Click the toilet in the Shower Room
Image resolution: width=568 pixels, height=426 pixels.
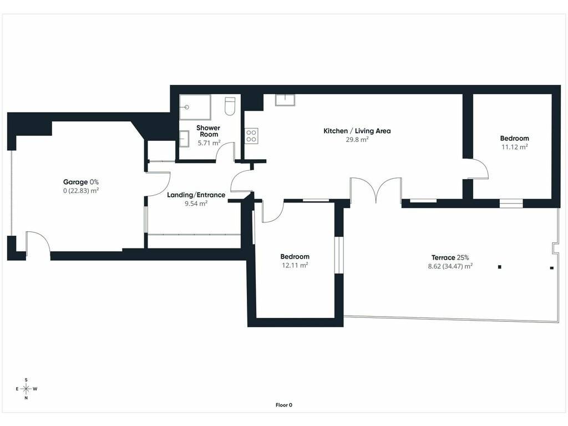[230, 106]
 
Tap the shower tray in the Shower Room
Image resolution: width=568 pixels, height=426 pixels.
[195, 107]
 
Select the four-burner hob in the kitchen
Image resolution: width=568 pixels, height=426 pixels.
[251, 136]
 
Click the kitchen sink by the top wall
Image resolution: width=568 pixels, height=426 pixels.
[285, 100]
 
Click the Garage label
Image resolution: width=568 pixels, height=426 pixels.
[75, 182]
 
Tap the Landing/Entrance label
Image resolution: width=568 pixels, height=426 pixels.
[196, 195]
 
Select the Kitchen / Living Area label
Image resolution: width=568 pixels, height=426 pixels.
[357, 131]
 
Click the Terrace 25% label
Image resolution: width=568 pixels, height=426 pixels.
[450, 257]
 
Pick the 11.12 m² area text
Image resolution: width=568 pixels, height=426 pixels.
[514, 146]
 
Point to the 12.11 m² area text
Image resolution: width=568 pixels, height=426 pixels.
[295, 265]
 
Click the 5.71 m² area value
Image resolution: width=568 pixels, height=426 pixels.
[209, 143]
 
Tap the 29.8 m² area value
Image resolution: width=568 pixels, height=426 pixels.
[357, 139]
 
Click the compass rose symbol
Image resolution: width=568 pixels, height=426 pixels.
[26, 389]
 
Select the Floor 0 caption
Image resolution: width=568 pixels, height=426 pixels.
[283, 405]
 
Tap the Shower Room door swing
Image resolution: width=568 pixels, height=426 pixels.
[225, 151]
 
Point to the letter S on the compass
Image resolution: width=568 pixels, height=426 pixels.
[26, 380]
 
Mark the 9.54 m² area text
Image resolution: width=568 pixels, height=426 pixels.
[196, 204]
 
